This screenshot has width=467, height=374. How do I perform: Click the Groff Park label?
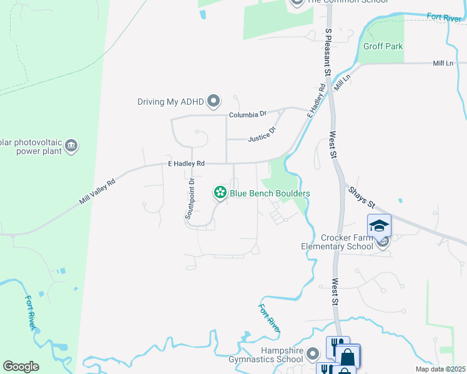[x=383, y=46]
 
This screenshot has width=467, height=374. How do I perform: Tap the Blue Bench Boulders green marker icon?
[x=220, y=193]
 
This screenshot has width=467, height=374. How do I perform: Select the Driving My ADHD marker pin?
[x=214, y=101]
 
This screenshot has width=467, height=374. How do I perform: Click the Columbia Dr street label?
[x=248, y=115]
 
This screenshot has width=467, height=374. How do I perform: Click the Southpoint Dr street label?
[x=189, y=198]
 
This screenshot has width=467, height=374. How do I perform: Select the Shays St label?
[x=361, y=196]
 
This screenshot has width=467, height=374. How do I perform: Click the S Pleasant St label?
[x=327, y=51]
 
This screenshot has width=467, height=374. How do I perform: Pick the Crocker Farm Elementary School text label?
[x=347, y=242]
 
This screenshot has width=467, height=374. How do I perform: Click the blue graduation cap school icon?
[x=379, y=226]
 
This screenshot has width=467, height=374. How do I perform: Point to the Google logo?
[x=21, y=367]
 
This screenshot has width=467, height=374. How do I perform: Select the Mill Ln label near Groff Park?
[x=443, y=64]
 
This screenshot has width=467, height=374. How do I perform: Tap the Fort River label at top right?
[x=444, y=17]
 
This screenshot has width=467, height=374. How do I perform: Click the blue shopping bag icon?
[x=347, y=358]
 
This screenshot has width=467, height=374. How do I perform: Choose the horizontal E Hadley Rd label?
[x=187, y=163]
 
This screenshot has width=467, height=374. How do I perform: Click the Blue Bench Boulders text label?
[x=270, y=193]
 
